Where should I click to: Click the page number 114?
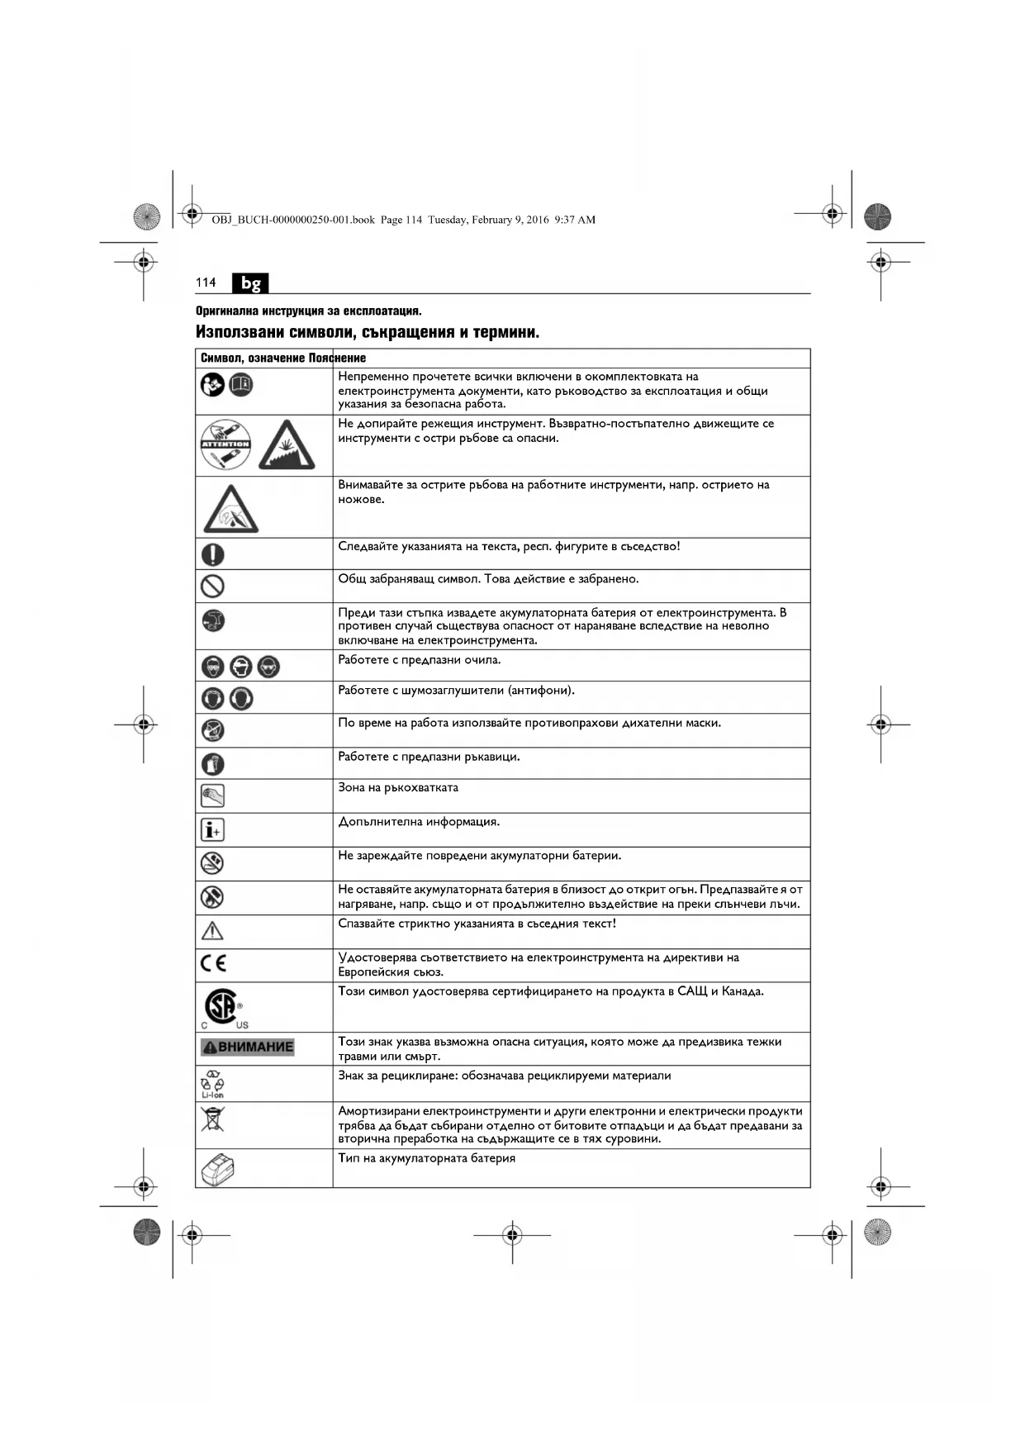(x=206, y=283)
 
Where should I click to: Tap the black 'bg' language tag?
(x=250, y=283)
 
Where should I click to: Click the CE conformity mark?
(x=213, y=963)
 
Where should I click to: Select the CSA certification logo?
(x=221, y=1007)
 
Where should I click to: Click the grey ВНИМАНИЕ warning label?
(x=248, y=1048)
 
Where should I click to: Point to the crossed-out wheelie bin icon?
(x=212, y=1119)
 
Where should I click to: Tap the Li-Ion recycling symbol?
(x=212, y=1083)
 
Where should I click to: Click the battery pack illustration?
(x=218, y=1169)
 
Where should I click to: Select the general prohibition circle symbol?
(x=213, y=587)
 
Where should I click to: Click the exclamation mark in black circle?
(x=213, y=554)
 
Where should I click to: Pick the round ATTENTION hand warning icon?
(x=225, y=444)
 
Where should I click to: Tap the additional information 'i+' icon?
(x=213, y=829)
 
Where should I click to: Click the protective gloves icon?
(x=213, y=763)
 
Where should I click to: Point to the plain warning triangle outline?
(x=213, y=931)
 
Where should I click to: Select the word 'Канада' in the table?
(x=743, y=991)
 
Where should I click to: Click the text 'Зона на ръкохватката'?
(x=398, y=787)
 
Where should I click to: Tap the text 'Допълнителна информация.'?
(x=419, y=821)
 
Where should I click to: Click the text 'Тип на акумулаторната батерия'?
(x=426, y=1158)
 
